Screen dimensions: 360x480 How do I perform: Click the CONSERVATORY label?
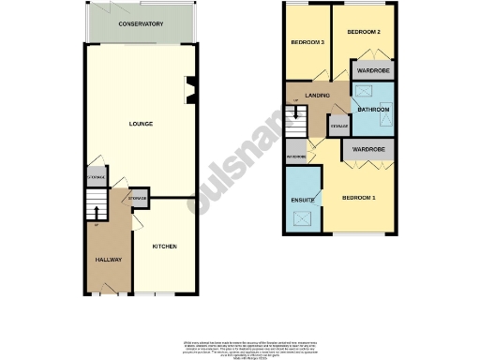click(x=141, y=24)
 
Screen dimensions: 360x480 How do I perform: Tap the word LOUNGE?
click(x=141, y=124)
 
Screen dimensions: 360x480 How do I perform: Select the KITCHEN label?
click(x=165, y=247)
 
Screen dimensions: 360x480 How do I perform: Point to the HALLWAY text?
click(x=109, y=259)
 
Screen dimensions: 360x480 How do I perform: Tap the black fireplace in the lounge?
click(x=191, y=90)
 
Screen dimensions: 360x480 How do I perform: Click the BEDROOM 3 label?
click(x=307, y=43)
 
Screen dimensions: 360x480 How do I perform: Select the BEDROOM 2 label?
click(x=364, y=33)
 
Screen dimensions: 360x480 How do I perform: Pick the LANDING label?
click(x=315, y=97)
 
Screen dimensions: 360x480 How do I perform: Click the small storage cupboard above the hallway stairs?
click(x=96, y=177)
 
